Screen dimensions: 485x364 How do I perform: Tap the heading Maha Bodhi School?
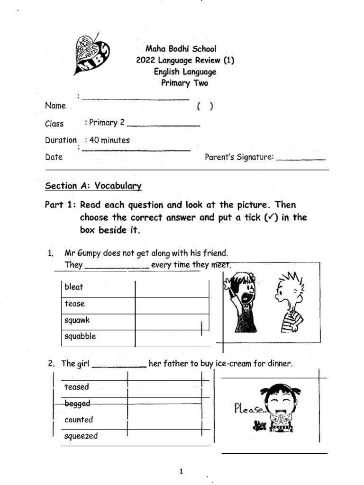coord(181,49)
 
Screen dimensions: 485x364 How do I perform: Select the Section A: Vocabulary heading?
coord(93,186)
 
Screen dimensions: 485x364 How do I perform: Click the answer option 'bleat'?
coord(74,287)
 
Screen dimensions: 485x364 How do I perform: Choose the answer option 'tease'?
coord(75,304)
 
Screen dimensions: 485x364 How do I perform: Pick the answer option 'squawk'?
coord(77,320)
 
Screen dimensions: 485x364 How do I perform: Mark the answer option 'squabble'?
coord(80,336)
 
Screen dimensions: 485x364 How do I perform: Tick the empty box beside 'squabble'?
coord(172,337)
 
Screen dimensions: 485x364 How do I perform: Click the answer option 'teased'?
coord(77,387)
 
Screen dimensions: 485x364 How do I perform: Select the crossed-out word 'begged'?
coord(77,404)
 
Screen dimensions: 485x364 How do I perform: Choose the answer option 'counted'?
coord(79,420)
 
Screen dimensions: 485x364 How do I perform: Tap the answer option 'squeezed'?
coord(81,436)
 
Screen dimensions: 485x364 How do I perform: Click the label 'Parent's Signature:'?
coord(239,157)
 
